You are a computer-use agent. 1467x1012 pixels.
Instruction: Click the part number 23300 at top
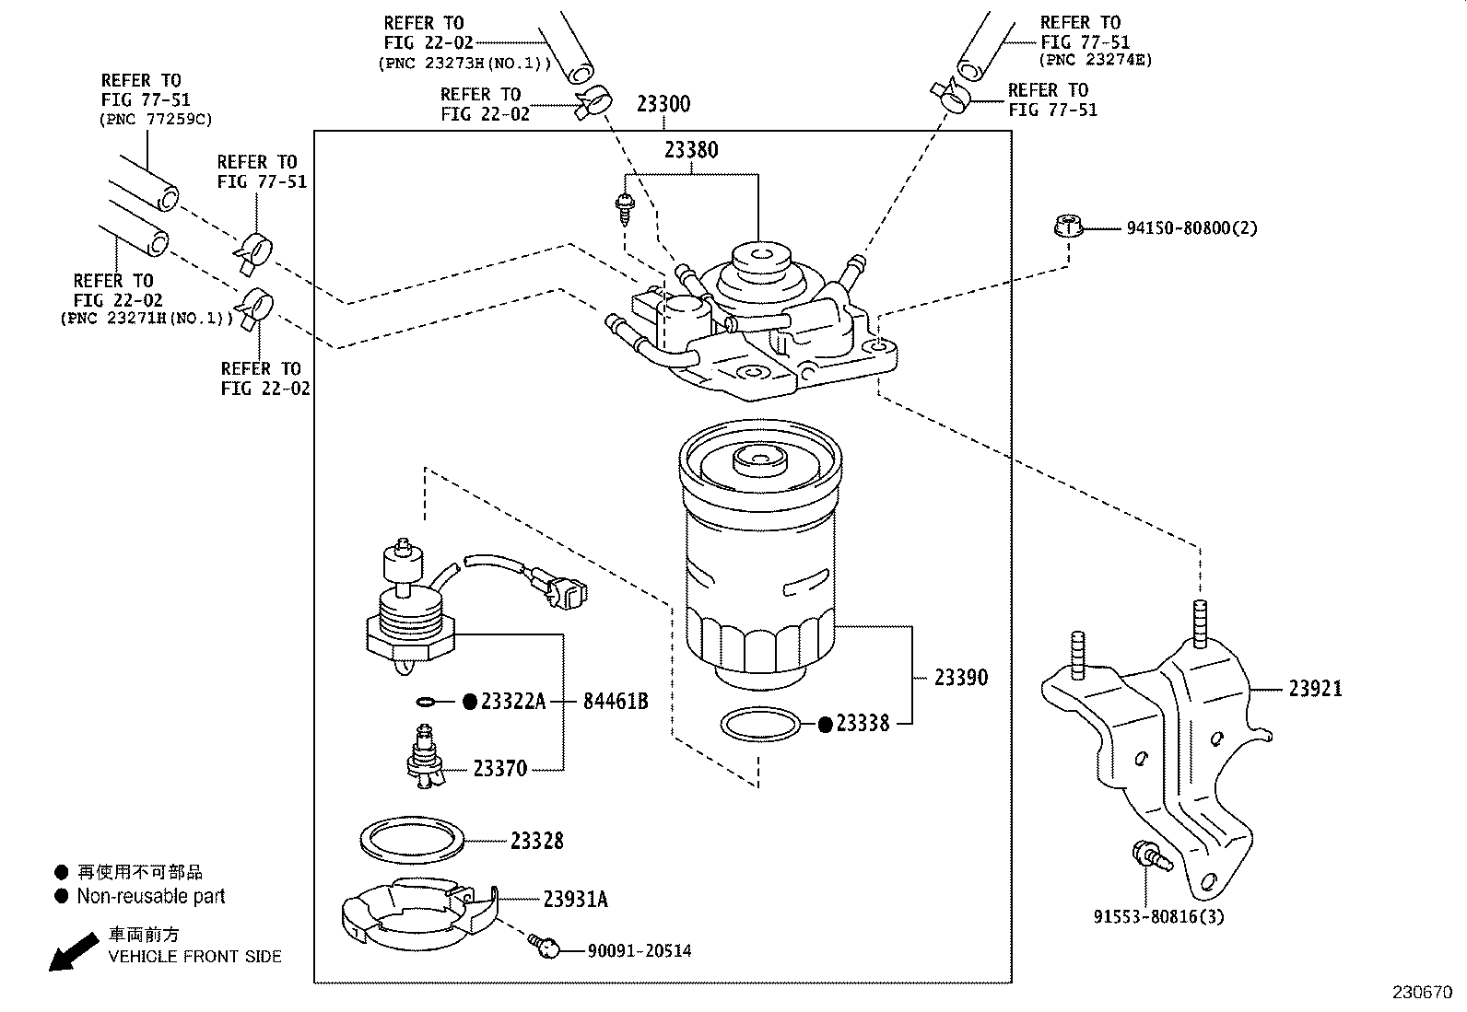tap(663, 104)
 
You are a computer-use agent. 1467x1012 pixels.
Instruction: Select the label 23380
tap(690, 149)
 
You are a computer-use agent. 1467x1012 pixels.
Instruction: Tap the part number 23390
tap(960, 678)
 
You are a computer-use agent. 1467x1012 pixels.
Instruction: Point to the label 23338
tap(863, 724)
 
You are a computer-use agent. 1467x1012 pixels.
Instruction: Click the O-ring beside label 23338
tap(759, 725)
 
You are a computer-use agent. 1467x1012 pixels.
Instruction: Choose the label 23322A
tap(513, 703)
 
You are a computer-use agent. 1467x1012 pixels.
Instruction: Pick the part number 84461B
tap(615, 702)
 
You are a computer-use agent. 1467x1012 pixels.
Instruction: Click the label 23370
tap(499, 768)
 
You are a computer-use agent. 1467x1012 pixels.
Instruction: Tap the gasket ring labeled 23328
tap(410, 840)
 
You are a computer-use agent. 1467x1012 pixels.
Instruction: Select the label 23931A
tap(575, 900)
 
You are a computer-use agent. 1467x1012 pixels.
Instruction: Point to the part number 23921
tap(1315, 688)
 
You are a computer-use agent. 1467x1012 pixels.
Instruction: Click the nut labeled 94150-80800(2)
tap(1066, 226)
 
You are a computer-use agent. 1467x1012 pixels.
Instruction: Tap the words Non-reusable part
tap(150, 896)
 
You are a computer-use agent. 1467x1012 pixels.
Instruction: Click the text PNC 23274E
tap(1096, 61)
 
